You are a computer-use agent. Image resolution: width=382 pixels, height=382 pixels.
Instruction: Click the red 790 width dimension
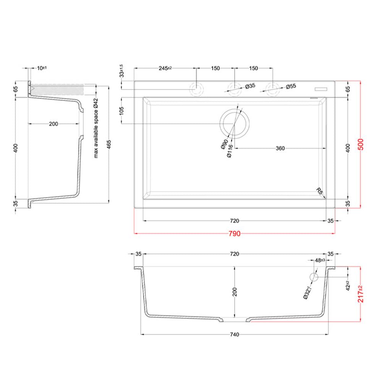tap(235, 234)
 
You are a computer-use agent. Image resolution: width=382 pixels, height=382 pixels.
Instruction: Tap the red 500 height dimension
tap(361, 144)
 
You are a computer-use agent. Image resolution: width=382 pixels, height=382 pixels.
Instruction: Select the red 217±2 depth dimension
tap(361, 294)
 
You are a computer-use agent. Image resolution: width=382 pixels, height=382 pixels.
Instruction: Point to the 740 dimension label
tap(235, 335)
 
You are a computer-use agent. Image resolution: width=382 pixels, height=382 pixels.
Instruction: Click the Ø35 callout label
tap(250, 86)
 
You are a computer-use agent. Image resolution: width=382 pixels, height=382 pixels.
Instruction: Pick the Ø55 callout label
tap(291, 86)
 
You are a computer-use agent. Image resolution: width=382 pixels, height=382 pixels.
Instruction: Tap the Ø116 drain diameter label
tap(230, 151)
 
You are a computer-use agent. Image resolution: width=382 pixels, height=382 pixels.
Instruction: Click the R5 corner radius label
tap(319, 191)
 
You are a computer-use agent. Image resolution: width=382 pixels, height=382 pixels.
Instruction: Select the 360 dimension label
tap(280, 148)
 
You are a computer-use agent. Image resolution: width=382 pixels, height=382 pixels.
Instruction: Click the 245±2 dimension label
tap(165, 68)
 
